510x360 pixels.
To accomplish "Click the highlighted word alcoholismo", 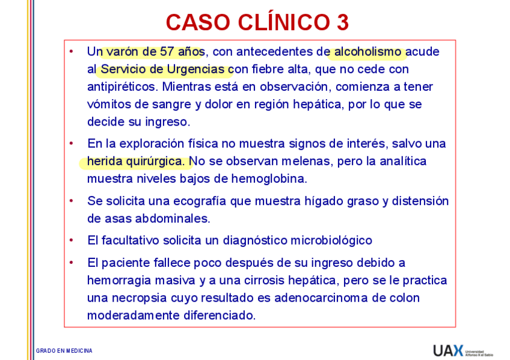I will tap(368, 52).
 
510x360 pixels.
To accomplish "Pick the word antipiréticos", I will tap(121, 87).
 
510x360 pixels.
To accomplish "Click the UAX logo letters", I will tap(448, 350).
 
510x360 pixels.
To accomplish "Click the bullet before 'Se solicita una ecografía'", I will tap(72, 201).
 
